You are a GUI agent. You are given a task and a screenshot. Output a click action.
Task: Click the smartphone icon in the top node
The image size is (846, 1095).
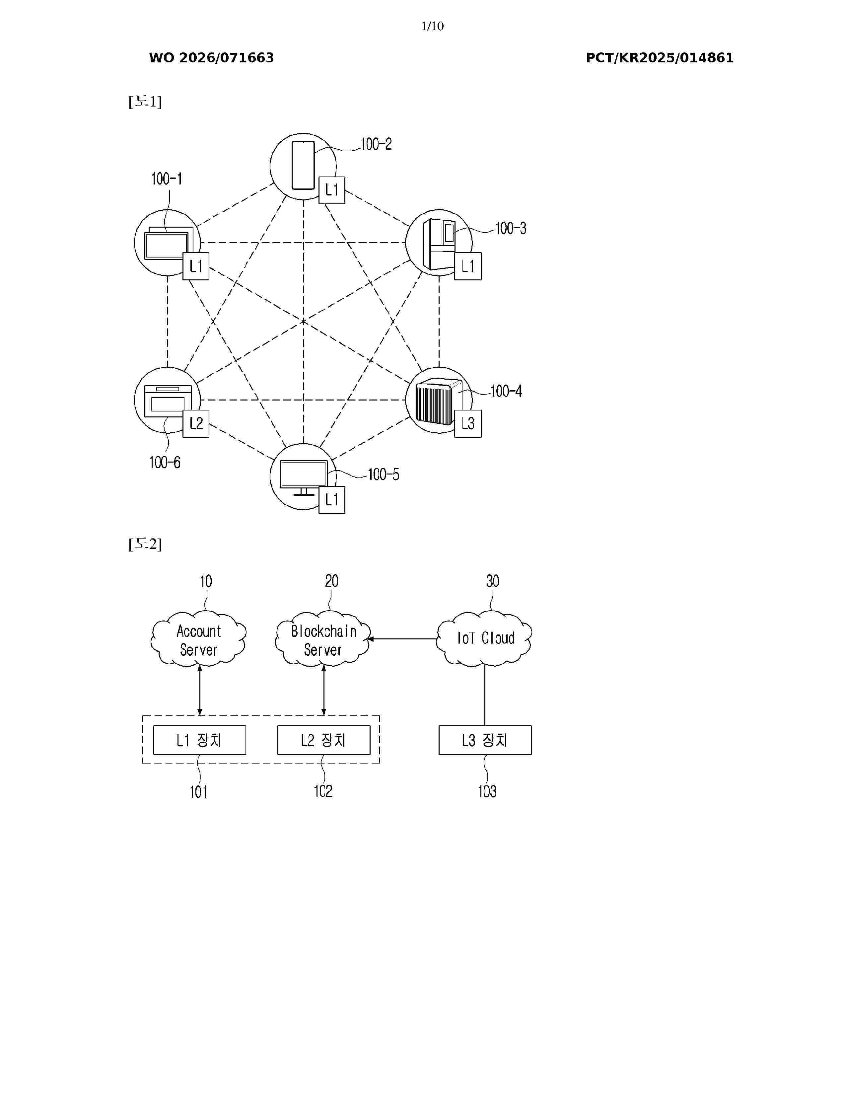(303, 165)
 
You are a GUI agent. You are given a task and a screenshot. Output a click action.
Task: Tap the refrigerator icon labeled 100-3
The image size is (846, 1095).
(439, 244)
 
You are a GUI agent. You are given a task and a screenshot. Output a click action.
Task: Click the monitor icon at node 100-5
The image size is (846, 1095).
(304, 478)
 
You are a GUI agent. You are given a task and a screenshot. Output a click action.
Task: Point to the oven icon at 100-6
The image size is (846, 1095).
(168, 401)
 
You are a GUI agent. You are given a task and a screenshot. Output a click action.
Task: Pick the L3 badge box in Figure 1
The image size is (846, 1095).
(467, 424)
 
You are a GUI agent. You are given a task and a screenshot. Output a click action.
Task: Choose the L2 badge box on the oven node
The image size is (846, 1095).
(196, 424)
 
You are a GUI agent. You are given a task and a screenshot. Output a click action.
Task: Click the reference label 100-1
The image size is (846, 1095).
(167, 179)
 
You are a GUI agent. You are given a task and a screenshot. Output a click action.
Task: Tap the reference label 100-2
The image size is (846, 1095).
(377, 144)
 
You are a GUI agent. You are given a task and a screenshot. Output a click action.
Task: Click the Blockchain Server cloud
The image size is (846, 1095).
(323, 639)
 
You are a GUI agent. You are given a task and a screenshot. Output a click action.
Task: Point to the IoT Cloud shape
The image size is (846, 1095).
(484, 639)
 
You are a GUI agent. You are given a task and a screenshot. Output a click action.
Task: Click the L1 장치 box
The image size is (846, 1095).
(199, 740)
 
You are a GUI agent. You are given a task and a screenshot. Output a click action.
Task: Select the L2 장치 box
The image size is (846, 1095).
(324, 740)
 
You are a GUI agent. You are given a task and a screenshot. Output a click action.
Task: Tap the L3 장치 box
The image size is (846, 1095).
(485, 740)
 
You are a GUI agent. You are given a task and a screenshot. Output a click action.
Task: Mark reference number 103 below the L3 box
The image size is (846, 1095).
(487, 792)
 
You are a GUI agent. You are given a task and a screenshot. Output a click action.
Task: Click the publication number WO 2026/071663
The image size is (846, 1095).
(212, 58)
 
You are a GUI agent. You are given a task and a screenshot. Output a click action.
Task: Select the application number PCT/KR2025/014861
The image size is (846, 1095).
(660, 58)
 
